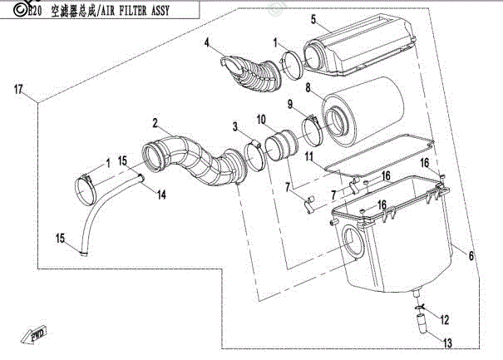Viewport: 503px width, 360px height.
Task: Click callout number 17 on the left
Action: tap(18, 88)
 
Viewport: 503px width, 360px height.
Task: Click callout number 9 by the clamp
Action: tap(291, 104)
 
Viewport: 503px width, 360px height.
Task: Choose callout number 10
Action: tap(260, 119)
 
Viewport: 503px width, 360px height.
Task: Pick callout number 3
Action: tap(235, 126)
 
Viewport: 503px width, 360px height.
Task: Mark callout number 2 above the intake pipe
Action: tap(155, 123)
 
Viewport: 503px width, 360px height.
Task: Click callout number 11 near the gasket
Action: tap(308, 155)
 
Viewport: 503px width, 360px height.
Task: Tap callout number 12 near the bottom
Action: tap(443, 318)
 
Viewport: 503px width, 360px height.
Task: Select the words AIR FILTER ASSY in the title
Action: tap(127, 12)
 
